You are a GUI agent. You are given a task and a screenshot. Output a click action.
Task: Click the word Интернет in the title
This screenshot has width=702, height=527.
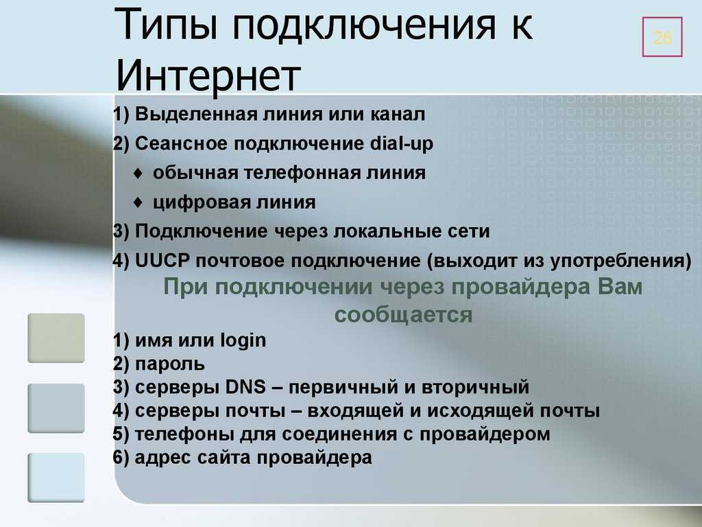208,75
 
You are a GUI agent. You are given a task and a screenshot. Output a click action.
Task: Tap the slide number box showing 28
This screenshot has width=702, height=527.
662,37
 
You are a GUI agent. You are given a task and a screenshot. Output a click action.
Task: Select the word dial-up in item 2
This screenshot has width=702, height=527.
402,144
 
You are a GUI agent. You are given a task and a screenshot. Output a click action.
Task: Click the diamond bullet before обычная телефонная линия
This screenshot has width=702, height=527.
138,173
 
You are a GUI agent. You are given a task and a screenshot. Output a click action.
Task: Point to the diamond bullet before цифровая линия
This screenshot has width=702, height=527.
138,202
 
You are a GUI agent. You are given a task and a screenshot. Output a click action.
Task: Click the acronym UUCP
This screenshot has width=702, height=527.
162,261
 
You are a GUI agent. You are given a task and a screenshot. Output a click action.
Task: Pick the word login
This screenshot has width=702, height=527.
243,341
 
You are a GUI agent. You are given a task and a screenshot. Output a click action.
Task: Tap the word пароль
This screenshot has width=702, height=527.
170,364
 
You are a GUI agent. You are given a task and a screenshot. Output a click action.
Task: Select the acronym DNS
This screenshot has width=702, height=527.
245,387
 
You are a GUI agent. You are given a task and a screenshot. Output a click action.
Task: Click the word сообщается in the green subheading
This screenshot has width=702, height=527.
403,314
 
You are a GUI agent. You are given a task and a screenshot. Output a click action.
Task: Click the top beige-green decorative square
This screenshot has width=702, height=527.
56,338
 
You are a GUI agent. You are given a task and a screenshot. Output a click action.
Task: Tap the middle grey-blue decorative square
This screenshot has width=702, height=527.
56,408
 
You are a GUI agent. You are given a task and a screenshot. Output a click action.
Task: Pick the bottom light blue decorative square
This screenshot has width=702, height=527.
56,478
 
